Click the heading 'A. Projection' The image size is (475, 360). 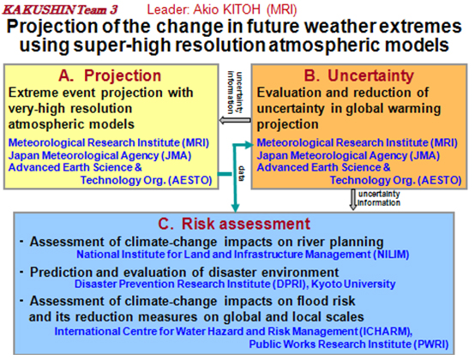click(110, 75)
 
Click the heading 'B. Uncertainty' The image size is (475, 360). click(358, 75)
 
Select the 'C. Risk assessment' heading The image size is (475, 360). click(234, 224)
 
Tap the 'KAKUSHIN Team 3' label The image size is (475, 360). click(60, 9)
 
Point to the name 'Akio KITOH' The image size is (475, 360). click(227, 9)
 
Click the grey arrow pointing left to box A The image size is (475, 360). click(235, 120)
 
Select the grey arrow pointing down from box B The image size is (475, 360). click(353, 200)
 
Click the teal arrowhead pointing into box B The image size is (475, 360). click(249, 145)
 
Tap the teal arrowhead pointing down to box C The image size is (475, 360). click(236, 207)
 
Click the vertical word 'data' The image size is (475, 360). click(241, 174)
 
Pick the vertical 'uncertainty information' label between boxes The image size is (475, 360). click(235, 93)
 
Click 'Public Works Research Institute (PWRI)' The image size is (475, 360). click(349, 345)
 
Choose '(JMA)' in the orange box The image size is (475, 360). click(424, 156)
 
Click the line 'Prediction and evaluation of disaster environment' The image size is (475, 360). click(184, 273)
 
